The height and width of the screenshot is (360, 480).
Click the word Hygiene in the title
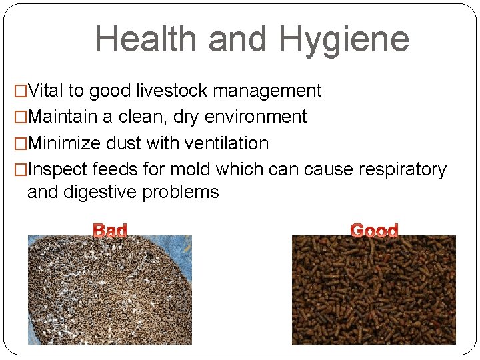click(x=344, y=40)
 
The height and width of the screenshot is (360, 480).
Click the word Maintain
click(x=64, y=117)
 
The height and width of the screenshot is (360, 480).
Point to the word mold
click(x=193, y=170)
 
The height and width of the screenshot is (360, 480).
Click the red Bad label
click(x=109, y=231)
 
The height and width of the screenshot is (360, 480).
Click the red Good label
click(x=374, y=231)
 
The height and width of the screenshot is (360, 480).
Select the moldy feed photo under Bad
click(x=109, y=290)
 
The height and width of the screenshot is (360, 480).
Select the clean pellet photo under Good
click(x=374, y=290)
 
